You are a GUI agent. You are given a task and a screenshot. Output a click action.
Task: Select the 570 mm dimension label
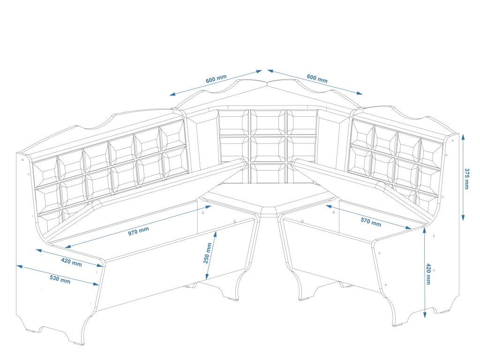tap(371, 221)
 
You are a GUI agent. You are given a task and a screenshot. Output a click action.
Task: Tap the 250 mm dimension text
tap(208, 253)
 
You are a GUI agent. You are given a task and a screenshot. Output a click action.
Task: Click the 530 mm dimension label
tap(60, 279)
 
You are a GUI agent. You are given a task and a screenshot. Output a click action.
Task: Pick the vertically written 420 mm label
tap(428, 274)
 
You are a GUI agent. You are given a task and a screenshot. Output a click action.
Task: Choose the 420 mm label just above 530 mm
tap(71, 262)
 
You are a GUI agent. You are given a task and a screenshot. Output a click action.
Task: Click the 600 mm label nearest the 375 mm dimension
tap(317, 78)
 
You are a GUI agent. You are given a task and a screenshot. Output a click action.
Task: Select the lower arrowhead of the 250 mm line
tap(206, 278)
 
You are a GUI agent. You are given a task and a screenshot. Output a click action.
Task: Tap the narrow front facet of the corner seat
tap(268, 211)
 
